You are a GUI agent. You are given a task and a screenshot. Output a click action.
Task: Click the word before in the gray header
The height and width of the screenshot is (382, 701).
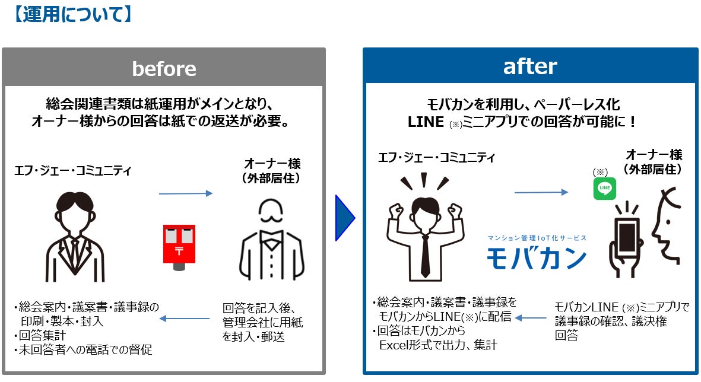point(164,69)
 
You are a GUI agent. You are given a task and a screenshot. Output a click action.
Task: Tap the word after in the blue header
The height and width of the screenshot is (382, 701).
point(530,66)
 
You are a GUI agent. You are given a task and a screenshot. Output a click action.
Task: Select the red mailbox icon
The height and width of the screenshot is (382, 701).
point(179,246)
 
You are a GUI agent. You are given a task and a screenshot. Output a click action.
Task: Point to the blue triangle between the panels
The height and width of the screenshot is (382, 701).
point(344,218)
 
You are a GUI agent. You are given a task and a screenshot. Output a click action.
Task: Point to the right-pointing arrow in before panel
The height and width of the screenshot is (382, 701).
point(185,193)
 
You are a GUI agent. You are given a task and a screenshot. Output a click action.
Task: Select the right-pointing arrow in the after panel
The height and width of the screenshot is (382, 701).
point(541,192)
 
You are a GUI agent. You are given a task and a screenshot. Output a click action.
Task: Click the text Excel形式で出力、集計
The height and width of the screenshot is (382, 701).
point(438,345)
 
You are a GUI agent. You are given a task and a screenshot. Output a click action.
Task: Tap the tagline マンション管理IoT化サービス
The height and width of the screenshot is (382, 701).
point(537,238)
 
